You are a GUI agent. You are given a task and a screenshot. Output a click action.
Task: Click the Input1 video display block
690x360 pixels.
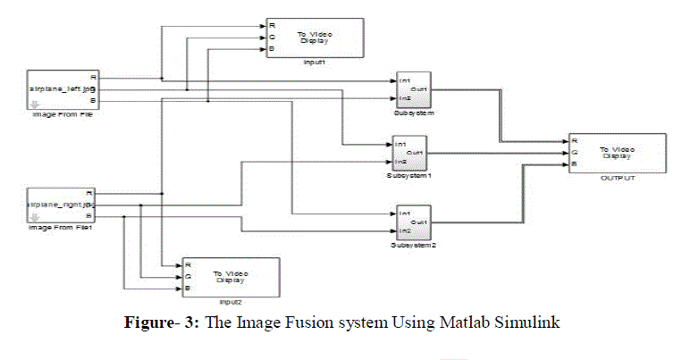(x=314, y=38)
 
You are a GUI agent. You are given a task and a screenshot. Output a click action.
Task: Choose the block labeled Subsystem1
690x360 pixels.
(x=410, y=153)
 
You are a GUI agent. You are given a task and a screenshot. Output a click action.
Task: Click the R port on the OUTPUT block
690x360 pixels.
(x=574, y=140)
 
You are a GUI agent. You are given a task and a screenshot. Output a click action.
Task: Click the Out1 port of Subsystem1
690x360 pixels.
(x=416, y=153)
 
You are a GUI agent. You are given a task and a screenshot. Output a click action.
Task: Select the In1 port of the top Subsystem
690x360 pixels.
(x=405, y=81)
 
